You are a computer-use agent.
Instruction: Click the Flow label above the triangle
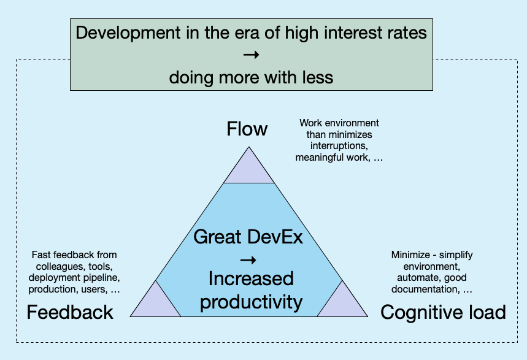point(247,129)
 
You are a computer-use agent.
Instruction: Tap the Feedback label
point(70,312)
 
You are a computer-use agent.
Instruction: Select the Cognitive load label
point(443,312)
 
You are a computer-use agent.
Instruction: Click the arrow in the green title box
point(251,55)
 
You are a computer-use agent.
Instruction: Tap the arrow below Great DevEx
point(248,260)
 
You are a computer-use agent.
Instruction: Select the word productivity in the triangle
point(251,302)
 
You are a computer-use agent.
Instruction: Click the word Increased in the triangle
point(251,278)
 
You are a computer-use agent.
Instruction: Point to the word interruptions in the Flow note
point(339,146)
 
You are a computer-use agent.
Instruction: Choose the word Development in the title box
point(128,33)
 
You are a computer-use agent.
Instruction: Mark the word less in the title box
point(318,77)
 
